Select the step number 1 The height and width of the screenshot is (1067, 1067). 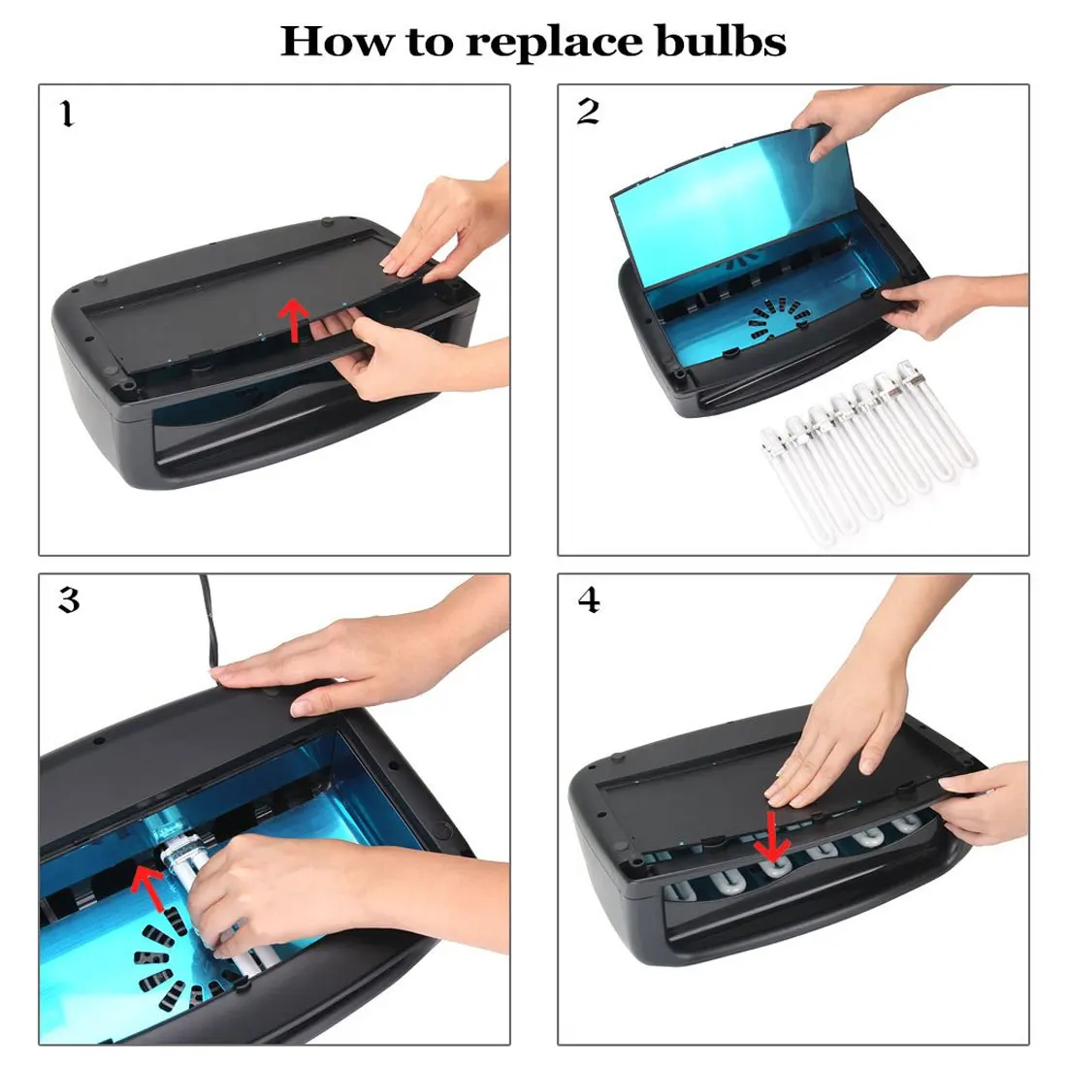click(x=66, y=115)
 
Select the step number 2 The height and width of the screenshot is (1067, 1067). click(x=588, y=113)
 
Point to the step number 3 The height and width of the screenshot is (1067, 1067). click(x=69, y=601)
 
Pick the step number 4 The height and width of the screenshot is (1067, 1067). click(x=589, y=601)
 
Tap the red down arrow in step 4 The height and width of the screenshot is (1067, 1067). click(x=773, y=837)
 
